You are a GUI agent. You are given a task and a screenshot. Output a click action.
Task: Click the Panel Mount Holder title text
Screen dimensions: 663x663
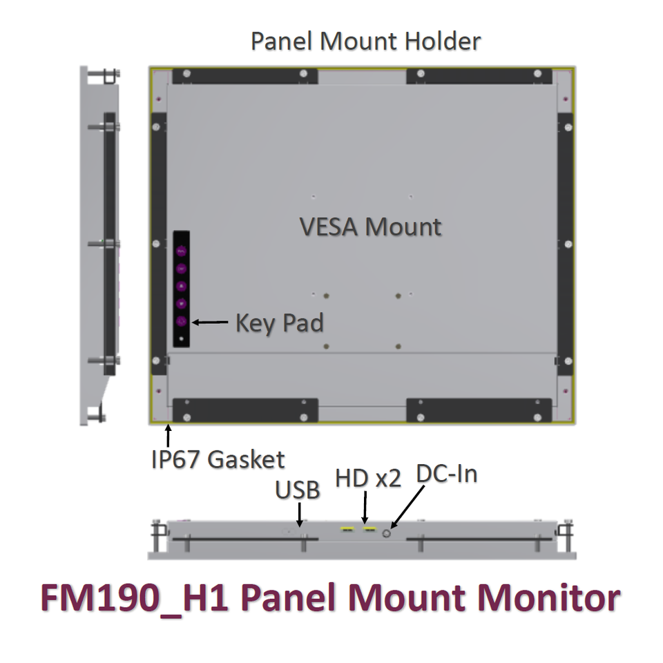pos(365,41)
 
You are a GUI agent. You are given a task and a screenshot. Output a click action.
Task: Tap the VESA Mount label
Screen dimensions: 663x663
pos(370,227)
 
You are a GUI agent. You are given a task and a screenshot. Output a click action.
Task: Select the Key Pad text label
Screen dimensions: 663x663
pos(279,323)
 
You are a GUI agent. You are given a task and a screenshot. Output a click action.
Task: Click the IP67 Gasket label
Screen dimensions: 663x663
pos(218,459)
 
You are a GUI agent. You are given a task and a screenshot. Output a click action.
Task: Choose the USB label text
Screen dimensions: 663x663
pos(298,490)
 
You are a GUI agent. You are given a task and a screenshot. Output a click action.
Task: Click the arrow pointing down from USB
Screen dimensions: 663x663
pos(300,515)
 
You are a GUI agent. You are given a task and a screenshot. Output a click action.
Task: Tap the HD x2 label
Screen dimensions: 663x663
pos(368,479)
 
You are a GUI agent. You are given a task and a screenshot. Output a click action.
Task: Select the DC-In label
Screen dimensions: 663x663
pos(447,474)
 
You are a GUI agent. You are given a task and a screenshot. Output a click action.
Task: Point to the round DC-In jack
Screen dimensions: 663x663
pos(387,532)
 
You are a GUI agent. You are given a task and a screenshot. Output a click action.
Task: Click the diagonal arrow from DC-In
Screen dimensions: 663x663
pos(406,508)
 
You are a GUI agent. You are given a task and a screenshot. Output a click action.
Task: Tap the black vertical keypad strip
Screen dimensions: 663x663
pos(181,289)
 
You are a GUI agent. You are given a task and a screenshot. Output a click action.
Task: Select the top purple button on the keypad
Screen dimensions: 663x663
pos(182,251)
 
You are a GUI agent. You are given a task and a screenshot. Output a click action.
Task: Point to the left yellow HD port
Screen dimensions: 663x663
pos(347,530)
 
